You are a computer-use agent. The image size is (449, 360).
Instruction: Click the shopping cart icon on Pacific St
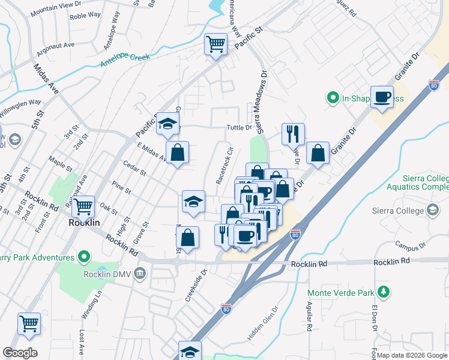(x=215, y=43)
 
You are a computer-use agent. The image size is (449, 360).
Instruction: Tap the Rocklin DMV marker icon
(x=140, y=274)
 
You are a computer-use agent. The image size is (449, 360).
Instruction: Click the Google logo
(x=20, y=353)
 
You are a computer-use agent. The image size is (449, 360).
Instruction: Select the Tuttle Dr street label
(x=238, y=127)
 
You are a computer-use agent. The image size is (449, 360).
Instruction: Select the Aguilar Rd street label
(x=310, y=317)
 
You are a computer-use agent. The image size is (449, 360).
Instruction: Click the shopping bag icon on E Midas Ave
(x=178, y=153)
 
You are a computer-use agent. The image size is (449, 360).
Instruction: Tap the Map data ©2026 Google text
(x=411, y=355)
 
